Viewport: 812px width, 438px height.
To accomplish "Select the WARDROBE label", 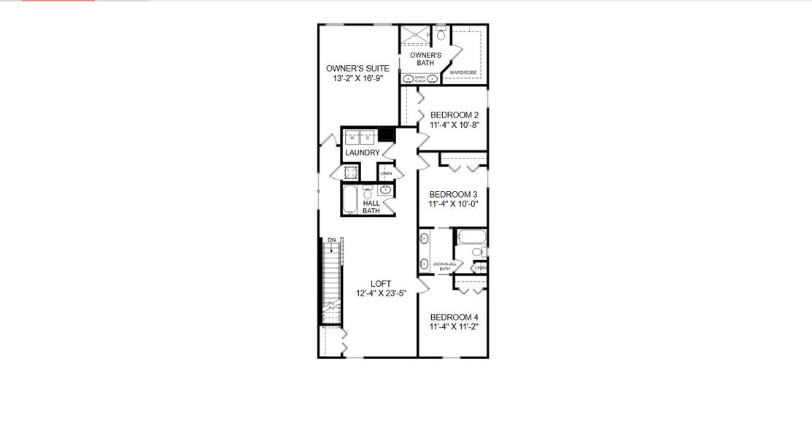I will pos(463,73).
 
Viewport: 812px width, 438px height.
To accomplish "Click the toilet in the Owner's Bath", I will pos(441,35).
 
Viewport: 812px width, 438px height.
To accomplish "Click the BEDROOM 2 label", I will pos(455,115).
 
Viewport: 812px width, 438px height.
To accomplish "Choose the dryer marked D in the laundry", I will pos(368,137).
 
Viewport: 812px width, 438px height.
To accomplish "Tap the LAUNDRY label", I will pos(362,153).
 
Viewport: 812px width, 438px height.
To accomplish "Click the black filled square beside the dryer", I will pos(386,135).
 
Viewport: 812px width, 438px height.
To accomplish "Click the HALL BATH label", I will pos(371,207).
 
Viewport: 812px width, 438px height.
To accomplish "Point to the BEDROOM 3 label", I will pos(453,194).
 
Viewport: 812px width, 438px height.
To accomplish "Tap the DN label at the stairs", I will pos(331,240).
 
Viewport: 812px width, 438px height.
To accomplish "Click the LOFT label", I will pos(381,284).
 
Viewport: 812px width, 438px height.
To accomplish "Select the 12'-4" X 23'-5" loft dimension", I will pos(381,293).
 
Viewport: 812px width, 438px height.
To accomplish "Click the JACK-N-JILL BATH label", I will pos(445,266).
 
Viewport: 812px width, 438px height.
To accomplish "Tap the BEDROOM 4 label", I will pos(454,317).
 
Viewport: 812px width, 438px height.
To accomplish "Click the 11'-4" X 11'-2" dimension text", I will pos(454,327).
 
